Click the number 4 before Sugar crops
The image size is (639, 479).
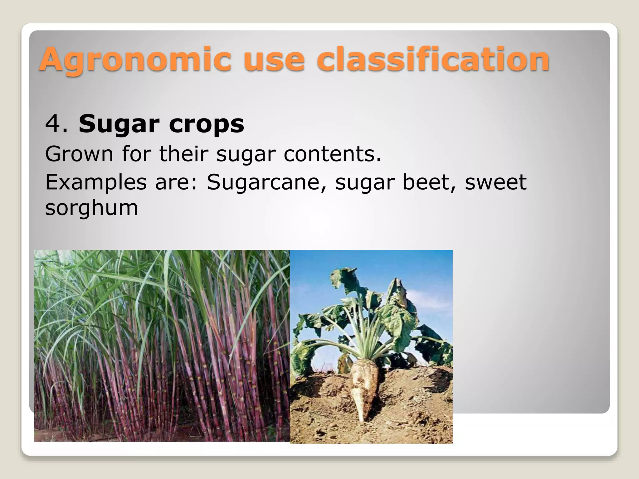coord(52,124)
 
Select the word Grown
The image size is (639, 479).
coord(79,154)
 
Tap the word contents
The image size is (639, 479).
coord(332,154)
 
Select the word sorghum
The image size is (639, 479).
coord(91,208)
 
